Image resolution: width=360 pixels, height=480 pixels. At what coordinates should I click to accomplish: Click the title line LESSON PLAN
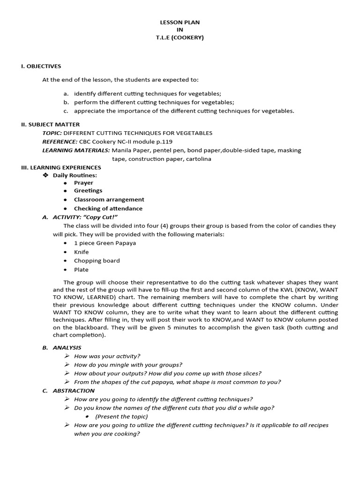[x=180, y=22]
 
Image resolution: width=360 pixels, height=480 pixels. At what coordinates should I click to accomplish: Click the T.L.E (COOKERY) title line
[x=180, y=37]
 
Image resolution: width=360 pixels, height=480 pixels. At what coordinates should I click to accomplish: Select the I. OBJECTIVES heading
[x=41, y=66]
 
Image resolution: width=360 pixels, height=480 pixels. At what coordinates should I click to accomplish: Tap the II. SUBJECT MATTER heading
[x=50, y=124]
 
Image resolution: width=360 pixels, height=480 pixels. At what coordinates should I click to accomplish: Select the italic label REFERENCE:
[x=60, y=142]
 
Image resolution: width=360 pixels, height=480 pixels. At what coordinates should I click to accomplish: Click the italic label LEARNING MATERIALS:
[x=76, y=150]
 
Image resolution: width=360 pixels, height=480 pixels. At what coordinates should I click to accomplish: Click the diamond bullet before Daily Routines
[x=45, y=175]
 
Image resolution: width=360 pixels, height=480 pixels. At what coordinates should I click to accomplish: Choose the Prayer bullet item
[x=83, y=183]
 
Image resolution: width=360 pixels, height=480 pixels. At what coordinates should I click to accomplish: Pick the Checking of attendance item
[x=108, y=209]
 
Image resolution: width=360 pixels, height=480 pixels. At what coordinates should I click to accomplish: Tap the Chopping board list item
[x=97, y=261]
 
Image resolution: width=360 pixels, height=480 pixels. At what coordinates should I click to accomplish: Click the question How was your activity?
[x=107, y=356]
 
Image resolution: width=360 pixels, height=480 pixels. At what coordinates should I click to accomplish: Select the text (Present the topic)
[x=121, y=416]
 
